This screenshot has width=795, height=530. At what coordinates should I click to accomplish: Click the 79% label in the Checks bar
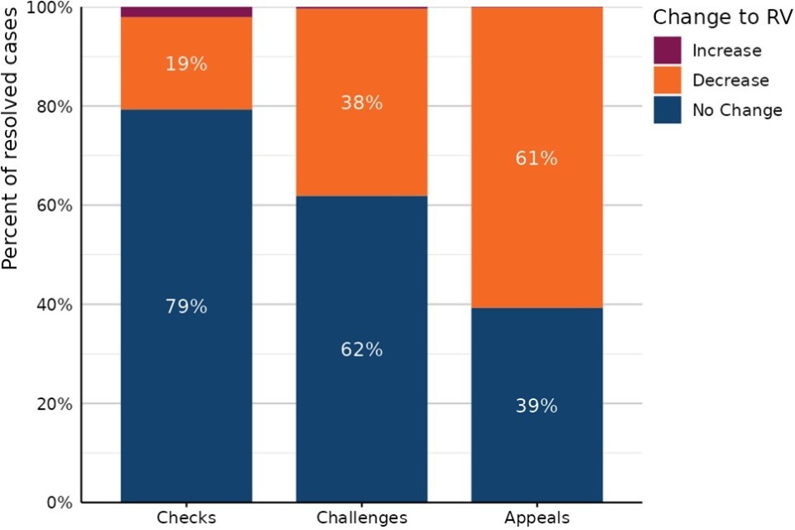pos(185,306)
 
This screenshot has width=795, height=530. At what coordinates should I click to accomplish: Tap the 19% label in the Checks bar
pos(185,64)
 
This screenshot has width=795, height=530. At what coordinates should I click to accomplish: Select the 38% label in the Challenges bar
pos(362,104)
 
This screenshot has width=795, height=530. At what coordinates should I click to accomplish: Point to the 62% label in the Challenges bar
pos(362,349)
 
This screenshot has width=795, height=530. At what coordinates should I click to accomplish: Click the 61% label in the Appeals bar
pos(537,158)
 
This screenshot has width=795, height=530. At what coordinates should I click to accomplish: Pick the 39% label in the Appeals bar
pos(537,407)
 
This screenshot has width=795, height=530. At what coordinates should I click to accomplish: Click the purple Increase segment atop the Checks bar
pos(185,12)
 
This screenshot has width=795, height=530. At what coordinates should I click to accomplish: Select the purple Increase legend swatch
pos(667,51)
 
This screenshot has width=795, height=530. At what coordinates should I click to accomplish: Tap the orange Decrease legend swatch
pos(667,80)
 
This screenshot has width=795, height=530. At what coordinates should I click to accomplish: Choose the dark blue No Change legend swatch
pos(667,110)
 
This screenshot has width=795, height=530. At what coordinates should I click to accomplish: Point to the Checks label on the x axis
pos(185,518)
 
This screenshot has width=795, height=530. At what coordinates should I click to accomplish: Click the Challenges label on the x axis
pos(362,518)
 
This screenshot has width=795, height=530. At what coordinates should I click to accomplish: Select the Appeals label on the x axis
pos(537,518)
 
